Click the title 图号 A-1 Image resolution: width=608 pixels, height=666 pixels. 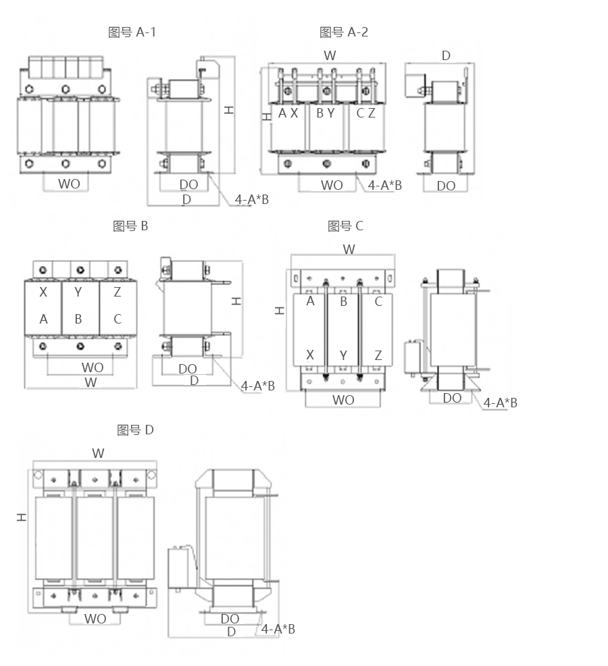click(x=132, y=32)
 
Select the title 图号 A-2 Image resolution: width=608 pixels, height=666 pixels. click(x=344, y=32)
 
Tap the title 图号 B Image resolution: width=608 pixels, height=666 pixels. click(x=130, y=226)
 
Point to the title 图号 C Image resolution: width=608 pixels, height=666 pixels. click(x=345, y=226)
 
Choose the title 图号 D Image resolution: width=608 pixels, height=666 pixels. click(x=135, y=430)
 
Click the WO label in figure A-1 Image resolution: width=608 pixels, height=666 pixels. click(x=68, y=184)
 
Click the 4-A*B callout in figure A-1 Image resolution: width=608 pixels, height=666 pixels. click(x=252, y=199)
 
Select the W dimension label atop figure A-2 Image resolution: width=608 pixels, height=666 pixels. click(x=330, y=55)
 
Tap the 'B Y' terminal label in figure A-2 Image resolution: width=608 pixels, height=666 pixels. click(x=325, y=113)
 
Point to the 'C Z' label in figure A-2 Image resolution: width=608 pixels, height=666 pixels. click(x=365, y=113)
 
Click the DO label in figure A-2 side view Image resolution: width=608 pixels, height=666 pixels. click(x=446, y=186)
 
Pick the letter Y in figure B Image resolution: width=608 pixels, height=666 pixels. click(x=78, y=292)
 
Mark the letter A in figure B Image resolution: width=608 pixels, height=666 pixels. click(x=43, y=319)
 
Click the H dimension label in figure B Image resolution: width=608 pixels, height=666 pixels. click(x=236, y=301)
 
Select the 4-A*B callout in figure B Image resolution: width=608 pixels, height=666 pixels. click(x=258, y=386)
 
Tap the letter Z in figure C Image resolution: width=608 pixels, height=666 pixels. click(x=378, y=355)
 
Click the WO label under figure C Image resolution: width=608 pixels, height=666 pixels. click(x=343, y=400)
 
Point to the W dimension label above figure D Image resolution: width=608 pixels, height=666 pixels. click(x=99, y=453)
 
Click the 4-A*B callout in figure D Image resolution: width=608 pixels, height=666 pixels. click(x=278, y=629)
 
